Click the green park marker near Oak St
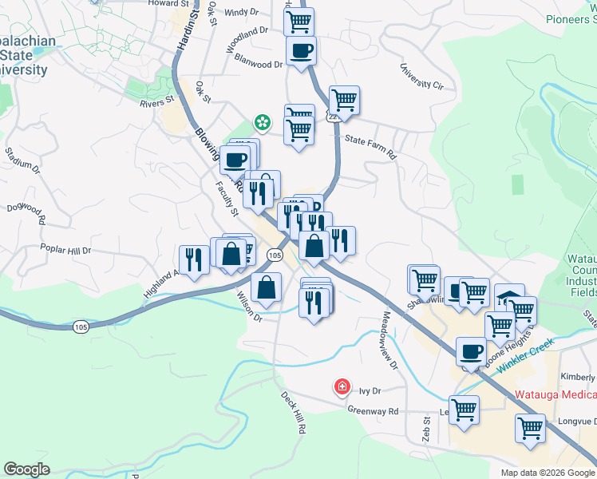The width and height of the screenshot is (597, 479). [261, 122]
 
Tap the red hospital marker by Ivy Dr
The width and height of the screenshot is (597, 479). [342, 387]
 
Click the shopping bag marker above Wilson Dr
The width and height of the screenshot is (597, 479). [266, 287]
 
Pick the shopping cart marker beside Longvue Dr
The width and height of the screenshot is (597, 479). [530, 430]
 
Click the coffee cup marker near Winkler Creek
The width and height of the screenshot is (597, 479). [471, 352]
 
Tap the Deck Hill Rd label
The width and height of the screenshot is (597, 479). [293, 412]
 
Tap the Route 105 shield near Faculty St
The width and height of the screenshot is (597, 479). [274, 255]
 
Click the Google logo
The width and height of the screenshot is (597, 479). [26, 469]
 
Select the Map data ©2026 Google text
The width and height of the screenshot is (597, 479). [547, 473]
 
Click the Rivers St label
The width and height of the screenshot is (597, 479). [156, 101]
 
